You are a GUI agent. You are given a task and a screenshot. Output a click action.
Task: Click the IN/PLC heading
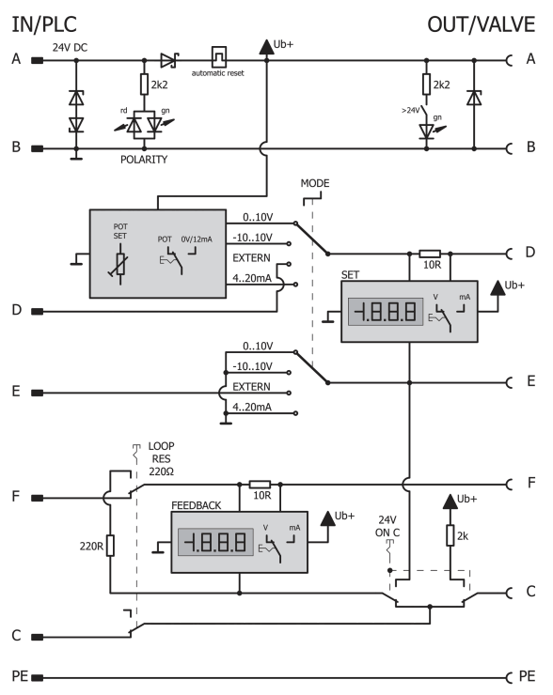(x=44, y=24)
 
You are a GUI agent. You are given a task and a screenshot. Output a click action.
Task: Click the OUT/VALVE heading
(x=482, y=24)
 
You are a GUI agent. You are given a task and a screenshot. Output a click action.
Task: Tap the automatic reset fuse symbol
(x=219, y=57)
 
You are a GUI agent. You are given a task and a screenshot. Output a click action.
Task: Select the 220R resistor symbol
(x=110, y=546)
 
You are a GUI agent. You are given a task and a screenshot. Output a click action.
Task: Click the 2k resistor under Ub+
(x=450, y=535)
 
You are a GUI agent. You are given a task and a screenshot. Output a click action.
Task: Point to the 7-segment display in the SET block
(x=386, y=312)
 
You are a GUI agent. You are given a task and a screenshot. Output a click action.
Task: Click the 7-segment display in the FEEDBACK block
(x=215, y=542)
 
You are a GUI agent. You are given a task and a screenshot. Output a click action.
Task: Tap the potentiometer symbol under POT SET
(x=120, y=265)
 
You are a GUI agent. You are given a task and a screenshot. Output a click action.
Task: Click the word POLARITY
(x=144, y=160)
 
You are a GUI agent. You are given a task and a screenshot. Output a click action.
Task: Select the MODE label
(x=315, y=183)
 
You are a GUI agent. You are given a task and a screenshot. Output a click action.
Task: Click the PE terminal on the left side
(x=38, y=677)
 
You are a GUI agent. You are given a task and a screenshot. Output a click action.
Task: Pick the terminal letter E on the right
(x=530, y=381)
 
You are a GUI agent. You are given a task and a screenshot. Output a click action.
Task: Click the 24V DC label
(x=71, y=47)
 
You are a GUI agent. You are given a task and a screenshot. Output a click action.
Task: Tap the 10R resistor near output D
(x=430, y=254)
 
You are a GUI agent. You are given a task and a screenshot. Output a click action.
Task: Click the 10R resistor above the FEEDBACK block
(x=261, y=485)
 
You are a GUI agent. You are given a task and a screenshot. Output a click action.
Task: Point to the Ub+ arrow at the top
(x=266, y=47)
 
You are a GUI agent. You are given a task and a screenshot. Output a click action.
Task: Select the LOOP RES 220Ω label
(x=161, y=458)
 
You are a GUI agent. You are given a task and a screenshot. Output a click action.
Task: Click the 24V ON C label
(x=387, y=526)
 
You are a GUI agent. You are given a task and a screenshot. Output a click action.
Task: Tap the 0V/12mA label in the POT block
(x=197, y=239)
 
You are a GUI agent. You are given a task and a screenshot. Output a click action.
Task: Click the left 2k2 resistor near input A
(x=144, y=85)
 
